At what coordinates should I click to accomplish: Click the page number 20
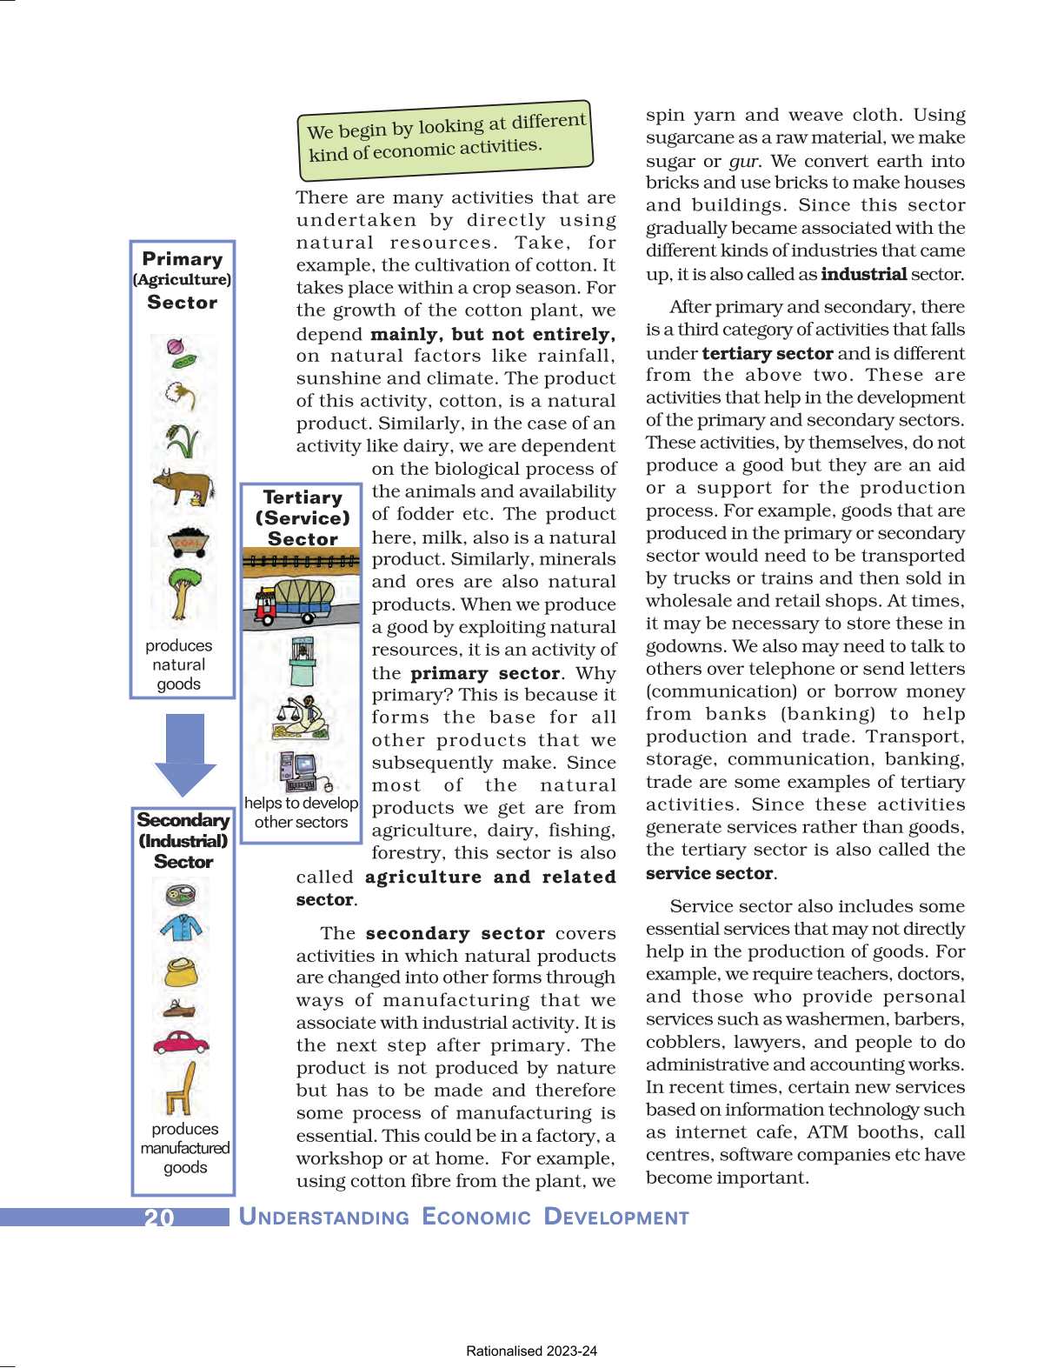click(159, 1217)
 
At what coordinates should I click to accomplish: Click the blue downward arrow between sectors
click(184, 754)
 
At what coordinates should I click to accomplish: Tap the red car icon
click(181, 1042)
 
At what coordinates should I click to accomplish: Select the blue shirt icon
click(182, 928)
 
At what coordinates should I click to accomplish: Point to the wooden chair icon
click(182, 1089)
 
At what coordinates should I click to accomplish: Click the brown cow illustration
click(183, 487)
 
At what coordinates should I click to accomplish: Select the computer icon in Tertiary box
click(300, 769)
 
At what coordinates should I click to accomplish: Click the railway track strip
click(301, 562)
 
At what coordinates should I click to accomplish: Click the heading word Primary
click(183, 258)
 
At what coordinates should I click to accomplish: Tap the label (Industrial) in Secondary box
click(183, 841)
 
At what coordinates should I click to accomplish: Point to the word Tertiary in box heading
click(303, 497)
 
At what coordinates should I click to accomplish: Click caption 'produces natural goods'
click(179, 664)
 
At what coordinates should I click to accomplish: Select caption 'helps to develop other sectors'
click(301, 812)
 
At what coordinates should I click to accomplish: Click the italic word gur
click(742, 161)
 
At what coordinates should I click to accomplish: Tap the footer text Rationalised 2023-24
click(531, 1351)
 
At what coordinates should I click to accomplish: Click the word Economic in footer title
click(476, 1217)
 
